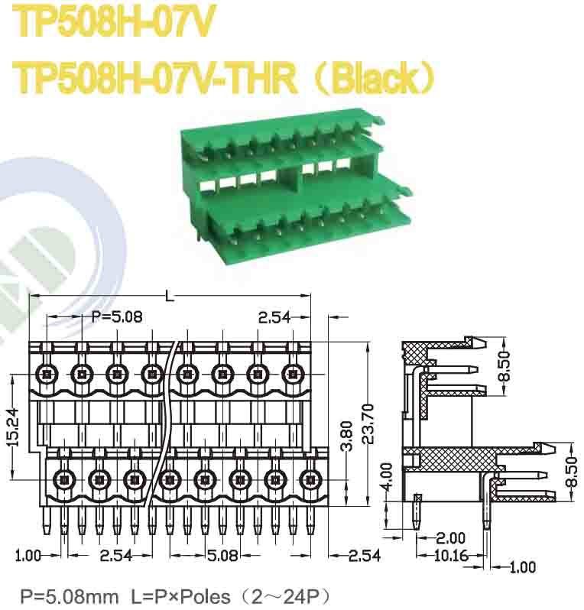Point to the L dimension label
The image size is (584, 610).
[169, 296]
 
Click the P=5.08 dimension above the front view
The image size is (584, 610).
[116, 317]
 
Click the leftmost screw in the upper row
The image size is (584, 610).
[47, 375]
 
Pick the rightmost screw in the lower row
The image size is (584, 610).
[309, 480]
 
